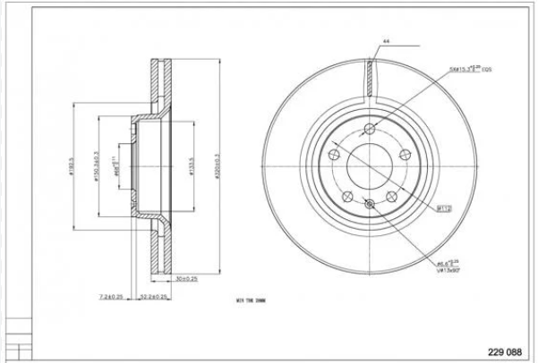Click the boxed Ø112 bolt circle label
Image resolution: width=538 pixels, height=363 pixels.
click(x=443, y=207)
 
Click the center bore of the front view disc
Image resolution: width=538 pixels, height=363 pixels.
click(x=370, y=164)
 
